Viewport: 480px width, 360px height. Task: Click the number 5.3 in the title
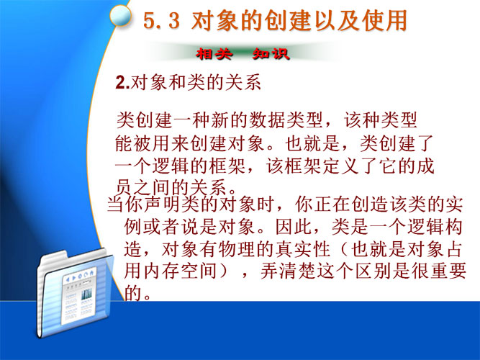(x=162, y=21)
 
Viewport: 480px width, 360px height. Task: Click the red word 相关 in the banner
(x=214, y=54)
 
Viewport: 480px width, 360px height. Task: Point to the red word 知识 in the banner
(x=271, y=54)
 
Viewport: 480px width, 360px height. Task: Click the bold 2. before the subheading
(x=123, y=82)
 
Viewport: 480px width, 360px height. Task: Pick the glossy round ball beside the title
(x=121, y=16)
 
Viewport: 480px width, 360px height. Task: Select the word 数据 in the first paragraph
(x=267, y=120)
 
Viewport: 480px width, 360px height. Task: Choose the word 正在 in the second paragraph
(x=332, y=204)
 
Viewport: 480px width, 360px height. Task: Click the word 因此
(x=294, y=227)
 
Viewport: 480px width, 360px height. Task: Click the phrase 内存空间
(x=181, y=271)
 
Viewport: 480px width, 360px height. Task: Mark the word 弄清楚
(x=289, y=271)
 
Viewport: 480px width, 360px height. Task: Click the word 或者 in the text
(x=162, y=227)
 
